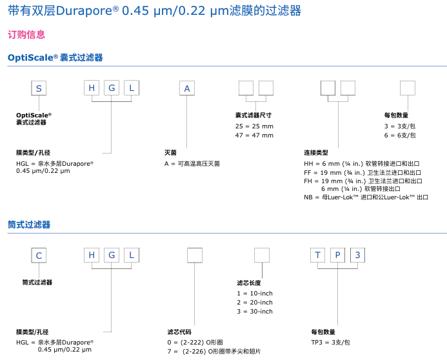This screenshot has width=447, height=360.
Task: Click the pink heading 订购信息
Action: pos(26,35)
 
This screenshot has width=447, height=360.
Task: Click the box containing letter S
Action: pos(39,88)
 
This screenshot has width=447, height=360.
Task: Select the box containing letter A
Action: pos(187,88)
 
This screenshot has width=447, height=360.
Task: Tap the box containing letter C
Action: pos(39,255)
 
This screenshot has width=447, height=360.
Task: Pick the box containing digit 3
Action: pos(357,255)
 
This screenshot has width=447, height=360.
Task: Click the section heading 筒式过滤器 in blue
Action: pos(29,225)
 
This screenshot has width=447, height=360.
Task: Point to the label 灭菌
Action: pos(170,153)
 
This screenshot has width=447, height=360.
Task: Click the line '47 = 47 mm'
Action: pos(254,135)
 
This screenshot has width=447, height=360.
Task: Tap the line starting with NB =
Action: pos(366,197)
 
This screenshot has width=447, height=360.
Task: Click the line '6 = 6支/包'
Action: pos(400,135)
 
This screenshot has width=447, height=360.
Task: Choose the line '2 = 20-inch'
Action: pos(255,303)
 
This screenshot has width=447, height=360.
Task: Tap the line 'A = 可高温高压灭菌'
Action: pos(192,164)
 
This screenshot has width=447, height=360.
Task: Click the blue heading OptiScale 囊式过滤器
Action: pos(55,58)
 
